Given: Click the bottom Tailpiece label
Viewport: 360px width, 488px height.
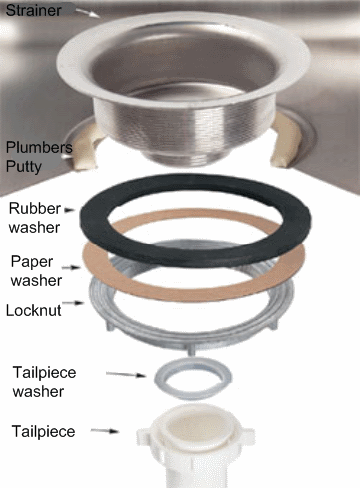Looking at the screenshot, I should (x=42, y=431).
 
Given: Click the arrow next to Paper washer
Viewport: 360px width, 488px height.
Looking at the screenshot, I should (x=73, y=267).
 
